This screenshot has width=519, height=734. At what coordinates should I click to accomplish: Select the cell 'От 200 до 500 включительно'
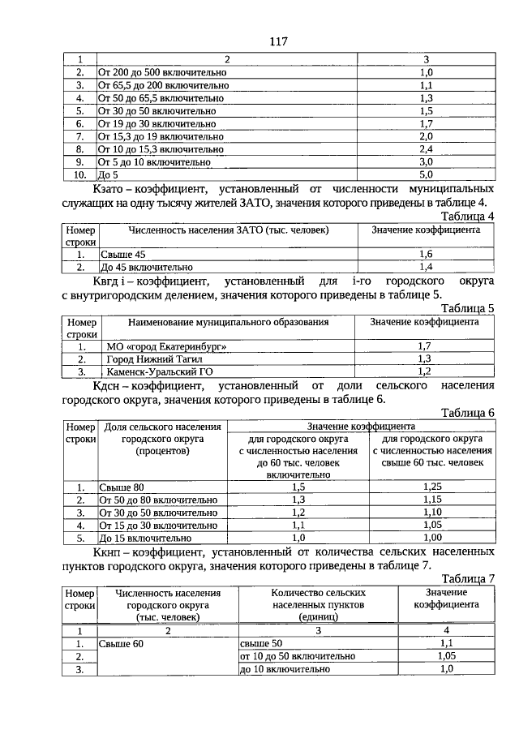163,72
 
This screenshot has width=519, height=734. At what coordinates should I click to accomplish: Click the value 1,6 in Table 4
425,254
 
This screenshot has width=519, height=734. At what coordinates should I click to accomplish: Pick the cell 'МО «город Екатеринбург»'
165,346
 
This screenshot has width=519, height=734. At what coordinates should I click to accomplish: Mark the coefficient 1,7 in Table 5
424,346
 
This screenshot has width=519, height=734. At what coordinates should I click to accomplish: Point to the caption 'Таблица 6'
468,412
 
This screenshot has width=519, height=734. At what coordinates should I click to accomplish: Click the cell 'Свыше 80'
122,487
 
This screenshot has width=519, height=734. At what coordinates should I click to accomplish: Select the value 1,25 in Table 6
431,487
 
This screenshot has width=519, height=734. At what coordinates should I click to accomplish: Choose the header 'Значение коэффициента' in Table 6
361,426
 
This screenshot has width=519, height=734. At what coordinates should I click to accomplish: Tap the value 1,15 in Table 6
431,500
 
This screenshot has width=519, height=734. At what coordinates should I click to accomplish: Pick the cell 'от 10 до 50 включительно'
298,656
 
